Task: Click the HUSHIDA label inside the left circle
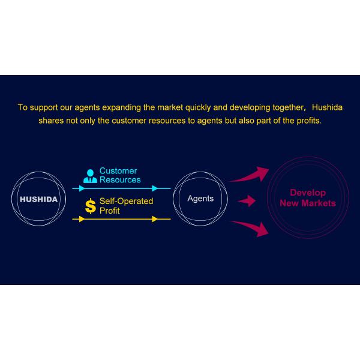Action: tap(39, 199)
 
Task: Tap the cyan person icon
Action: tap(90, 175)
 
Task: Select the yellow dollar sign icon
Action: tap(90, 206)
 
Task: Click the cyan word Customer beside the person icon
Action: tap(118, 171)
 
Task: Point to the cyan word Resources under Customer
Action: tap(120, 179)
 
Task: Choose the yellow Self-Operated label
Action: tap(127, 202)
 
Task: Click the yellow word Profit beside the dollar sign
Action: tap(110, 211)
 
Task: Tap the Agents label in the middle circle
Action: tap(200, 199)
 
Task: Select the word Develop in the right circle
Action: tap(308, 193)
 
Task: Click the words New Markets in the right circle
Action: tap(308, 203)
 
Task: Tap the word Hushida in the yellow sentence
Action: tap(327, 108)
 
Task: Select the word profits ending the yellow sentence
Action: tap(308, 121)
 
